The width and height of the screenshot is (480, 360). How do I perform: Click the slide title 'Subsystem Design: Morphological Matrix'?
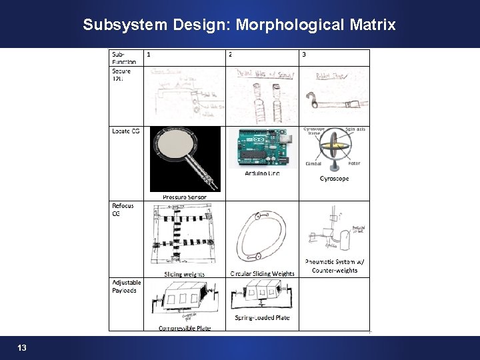(239, 25)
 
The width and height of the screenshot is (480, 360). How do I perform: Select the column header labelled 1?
(149, 55)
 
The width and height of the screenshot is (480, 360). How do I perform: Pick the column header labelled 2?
(231, 55)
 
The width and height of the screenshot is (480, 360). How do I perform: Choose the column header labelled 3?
(304, 55)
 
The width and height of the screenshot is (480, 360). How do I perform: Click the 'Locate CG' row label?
(125, 131)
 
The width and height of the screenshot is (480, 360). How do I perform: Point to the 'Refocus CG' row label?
(123, 209)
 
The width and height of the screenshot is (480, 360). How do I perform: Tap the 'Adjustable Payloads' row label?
(127, 286)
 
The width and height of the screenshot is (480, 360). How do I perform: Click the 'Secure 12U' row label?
(122, 75)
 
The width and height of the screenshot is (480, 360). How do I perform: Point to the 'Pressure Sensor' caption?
(185, 197)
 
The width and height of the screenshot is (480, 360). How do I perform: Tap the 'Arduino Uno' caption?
(262, 173)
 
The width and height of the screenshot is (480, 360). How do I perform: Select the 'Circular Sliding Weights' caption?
(262, 273)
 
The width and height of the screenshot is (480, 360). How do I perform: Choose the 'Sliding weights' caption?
(185, 274)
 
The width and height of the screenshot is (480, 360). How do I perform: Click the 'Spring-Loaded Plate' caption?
(262, 318)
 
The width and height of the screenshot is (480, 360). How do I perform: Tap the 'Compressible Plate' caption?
(185, 327)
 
